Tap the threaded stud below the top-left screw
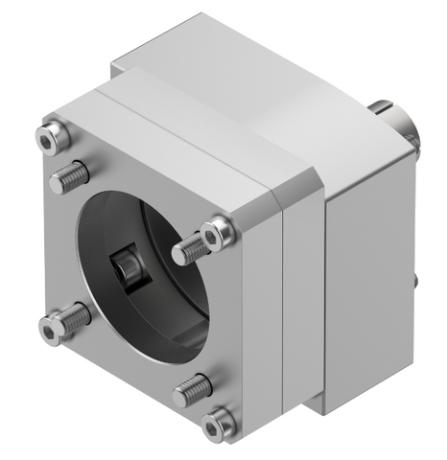[71, 174]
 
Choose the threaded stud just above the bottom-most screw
[193, 388]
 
